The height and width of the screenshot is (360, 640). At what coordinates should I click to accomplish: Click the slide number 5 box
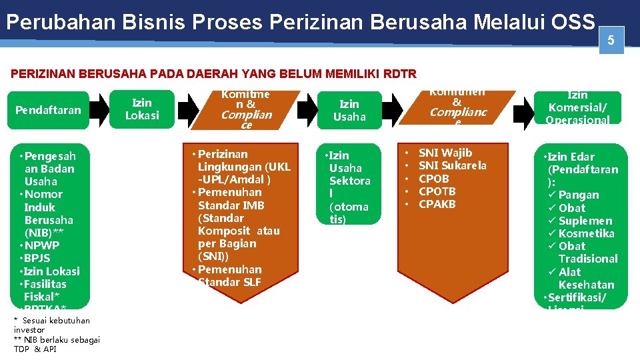tap(611, 41)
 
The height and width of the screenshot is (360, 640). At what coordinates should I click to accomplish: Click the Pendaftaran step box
tap(48, 110)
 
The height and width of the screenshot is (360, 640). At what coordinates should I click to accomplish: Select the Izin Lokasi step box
tap(143, 109)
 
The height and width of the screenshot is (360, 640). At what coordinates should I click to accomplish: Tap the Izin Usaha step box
tap(349, 110)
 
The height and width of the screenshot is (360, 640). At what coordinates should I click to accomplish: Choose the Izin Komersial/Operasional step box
tap(578, 107)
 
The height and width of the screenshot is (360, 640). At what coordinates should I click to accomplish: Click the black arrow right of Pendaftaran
tap(99, 110)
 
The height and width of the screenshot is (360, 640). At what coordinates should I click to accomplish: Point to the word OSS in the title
tap(573, 22)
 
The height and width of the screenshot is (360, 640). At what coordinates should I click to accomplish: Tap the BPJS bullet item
tap(37, 258)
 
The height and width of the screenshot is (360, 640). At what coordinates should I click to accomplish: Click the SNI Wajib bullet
tap(445, 153)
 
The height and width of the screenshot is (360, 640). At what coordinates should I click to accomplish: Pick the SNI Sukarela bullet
tap(452, 165)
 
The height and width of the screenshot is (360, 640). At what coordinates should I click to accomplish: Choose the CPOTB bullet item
tap(437, 191)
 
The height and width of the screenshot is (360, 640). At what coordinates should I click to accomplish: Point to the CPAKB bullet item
tap(437, 204)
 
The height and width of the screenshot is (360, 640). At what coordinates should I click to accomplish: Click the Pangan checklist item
tap(578, 195)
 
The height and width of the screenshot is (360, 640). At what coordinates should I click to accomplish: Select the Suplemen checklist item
tap(585, 221)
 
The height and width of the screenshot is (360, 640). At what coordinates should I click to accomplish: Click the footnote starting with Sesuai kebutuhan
tap(54, 325)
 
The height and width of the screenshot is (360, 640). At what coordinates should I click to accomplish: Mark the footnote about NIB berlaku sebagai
tap(56, 344)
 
